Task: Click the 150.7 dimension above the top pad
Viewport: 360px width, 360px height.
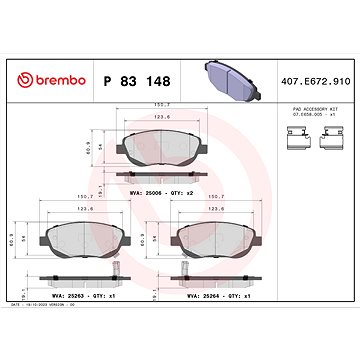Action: (x=174, y=102)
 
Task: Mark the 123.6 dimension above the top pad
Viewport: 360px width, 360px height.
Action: (x=174, y=117)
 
